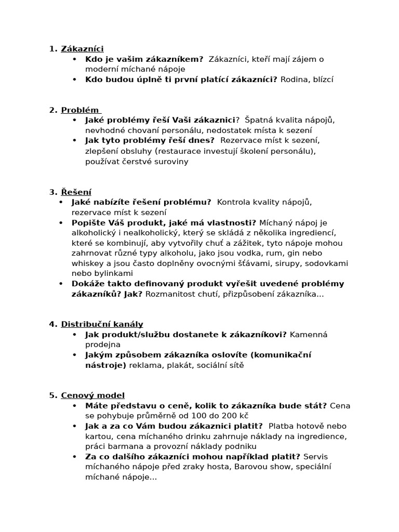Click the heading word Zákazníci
82,49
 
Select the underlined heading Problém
80,110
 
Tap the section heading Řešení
76,192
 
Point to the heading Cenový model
92,395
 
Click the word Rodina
294,79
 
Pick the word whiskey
86,263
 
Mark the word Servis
315,457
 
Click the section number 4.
52,324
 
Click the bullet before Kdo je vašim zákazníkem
75,59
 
